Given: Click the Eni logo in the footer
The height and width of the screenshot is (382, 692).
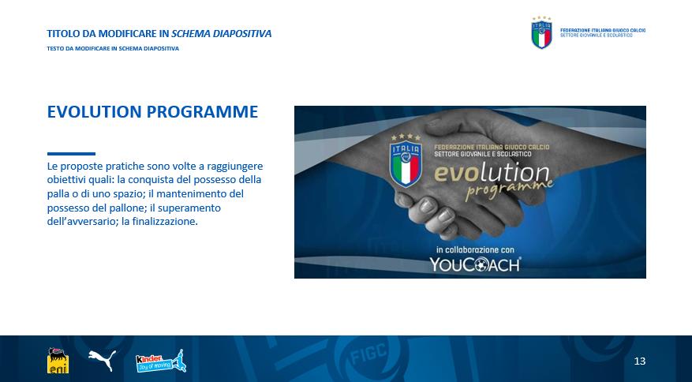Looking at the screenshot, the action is pyautogui.click(x=58, y=361).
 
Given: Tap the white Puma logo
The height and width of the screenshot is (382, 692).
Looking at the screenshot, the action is pyautogui.click(x=102, y=360).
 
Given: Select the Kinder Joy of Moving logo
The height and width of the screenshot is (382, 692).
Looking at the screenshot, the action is pyautogui.click(x=161, y=361).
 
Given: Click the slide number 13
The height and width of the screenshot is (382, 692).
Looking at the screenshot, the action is pyautogui.click(x=639, y=361).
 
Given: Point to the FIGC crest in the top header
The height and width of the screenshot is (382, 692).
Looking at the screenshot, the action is pyautogui.click(x=541, y=32).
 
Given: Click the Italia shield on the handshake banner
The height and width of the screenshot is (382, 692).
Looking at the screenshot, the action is pyautogui.click(x=406, y=160).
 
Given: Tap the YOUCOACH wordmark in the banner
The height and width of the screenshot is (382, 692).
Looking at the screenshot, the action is pyautogui.click(x=475, y=264).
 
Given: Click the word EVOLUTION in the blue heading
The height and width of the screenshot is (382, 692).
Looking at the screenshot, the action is pyautogui.click(x=95, y=112).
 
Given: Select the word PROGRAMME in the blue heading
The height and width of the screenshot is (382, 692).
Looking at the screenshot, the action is pyautogui.click(x=202, y=112).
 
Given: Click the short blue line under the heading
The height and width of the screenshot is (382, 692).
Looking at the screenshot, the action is pyautogui.click(x=71, y=154).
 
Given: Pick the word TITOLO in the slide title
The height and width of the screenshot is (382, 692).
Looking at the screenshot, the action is pyautogui.click(x=61, y=34).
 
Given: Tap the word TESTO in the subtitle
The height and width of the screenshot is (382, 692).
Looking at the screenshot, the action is pyautogui.click(x=54, y=49).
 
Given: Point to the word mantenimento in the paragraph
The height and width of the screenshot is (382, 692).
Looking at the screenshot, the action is pyautogui.click(x=194, y=194).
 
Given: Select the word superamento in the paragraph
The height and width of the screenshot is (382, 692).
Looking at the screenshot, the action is pyautogui.click(x=189, y=208).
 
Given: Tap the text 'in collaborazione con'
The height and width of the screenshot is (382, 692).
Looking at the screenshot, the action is pyautogui.click(x=475, y=249).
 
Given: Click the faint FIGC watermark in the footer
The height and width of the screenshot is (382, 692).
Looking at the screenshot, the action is pyautogui.click(x=363, y=354).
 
